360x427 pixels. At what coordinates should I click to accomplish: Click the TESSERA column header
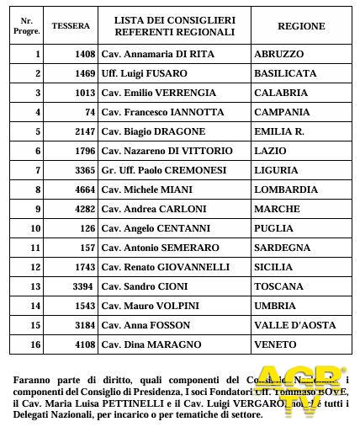click(71, 26)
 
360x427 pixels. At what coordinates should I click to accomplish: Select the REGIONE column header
click(300, 26)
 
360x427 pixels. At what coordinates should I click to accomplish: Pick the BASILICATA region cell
click(285, 73)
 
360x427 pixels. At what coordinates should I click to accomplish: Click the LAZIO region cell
click(269, 151)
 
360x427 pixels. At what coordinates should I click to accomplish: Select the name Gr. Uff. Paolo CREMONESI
click(159, 170)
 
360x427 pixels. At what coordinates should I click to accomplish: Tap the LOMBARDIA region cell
click(285, 189)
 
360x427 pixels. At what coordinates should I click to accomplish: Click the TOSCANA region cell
click(279, 286)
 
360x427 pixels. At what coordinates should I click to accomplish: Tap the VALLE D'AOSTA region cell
click(294, 325)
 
